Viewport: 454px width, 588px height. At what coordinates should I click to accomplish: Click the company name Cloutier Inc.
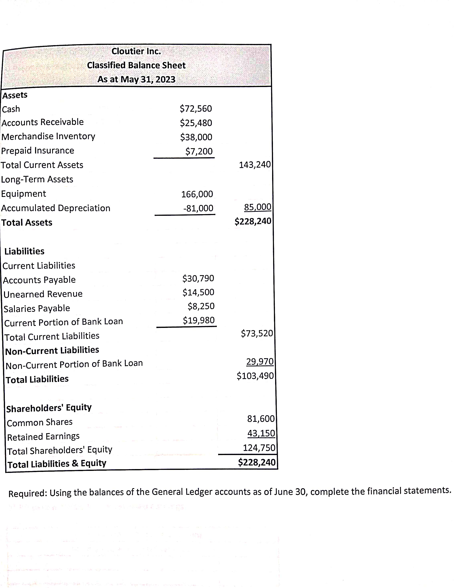pyautogui.click(x=136, y=51)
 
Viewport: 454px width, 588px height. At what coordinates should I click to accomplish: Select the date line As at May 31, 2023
pyautogui.click(x=136, y=79)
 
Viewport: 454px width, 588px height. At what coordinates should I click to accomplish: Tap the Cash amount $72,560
pyautogui.click(x=196, y=108)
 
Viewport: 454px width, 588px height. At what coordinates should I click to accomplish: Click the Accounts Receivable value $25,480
pyautogui.click(x=196, y=123)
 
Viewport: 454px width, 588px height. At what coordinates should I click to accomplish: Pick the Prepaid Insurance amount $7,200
pyautogui.click(x=199, y=151)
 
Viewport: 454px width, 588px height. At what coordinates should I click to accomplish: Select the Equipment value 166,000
pyautogui.click(x=197, y=194)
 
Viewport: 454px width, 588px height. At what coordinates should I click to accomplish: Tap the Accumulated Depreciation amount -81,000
pyautogui.click(x=198, y=208)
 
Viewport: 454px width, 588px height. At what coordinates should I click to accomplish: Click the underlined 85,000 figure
pyautogui.click(x=257, y=207)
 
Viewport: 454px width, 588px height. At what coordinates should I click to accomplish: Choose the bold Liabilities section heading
pyautogui.click(x=24, y=251)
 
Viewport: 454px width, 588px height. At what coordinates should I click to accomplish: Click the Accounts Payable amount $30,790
pyautogui.click(x=198, y=278)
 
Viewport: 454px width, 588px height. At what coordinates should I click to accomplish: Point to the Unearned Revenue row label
pyautogui.click(x=43, y=294)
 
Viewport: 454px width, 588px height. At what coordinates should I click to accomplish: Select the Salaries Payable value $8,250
pyautogui.click(x=201, y=306)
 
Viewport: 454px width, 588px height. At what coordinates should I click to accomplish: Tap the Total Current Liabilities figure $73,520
pyautogui.click(x=257, y=333)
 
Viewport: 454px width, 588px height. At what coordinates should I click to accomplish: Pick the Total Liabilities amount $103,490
pyautogui.click(x=255, y=376)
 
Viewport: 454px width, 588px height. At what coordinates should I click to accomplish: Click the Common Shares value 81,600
pyautogui.click(x=261, y=419)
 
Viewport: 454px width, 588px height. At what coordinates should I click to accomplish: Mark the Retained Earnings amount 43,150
pyautogui.click(x=261, y=433)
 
